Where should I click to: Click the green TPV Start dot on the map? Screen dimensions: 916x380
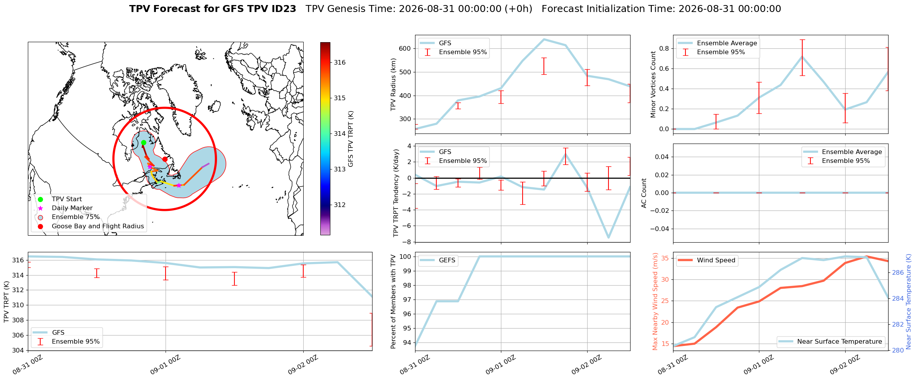click(144, 142)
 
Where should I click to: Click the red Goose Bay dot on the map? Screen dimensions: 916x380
click(165, 159)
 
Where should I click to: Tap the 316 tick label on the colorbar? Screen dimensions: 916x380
click(340, 62)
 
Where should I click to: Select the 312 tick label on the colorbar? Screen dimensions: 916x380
click(340, 205)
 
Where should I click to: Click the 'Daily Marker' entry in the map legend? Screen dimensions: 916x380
click(72, 208)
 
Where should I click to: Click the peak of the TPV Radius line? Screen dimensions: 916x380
click(544, 39)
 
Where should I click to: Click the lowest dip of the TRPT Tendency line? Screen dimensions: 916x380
click(608, 238)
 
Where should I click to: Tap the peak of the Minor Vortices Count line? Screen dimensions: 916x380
click(802, 56)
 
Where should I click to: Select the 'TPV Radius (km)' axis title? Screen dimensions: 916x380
click(393, 84)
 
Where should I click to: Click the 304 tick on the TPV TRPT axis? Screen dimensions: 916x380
click(18, 350)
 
